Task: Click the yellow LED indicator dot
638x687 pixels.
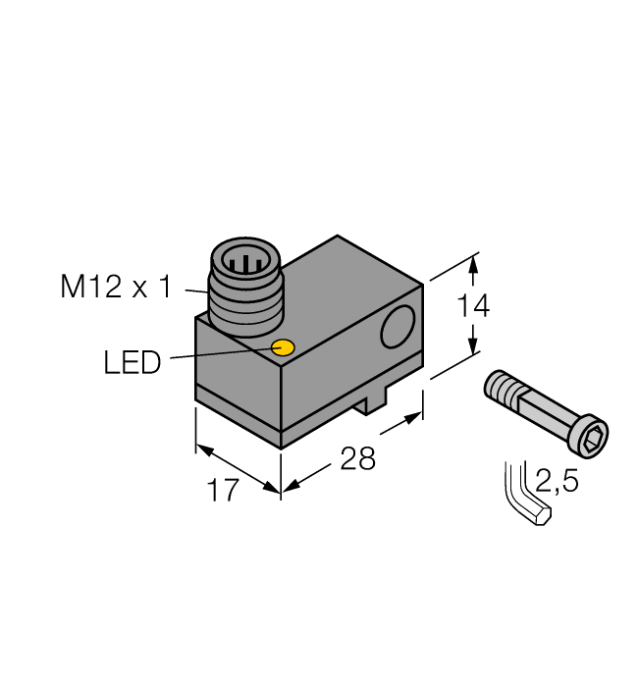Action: [x=284, y=347]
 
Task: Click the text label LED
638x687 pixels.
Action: [x=132, y=363]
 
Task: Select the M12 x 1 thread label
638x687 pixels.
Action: [x=116, y=288]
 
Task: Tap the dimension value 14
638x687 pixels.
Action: [x=473, y=306]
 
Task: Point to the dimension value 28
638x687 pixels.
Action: [x=357, y=458]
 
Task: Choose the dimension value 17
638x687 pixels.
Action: [x=224, y=490]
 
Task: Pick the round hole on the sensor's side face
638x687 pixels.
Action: [x=398, y=329]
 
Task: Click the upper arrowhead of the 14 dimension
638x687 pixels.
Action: [x=473, y=263]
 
